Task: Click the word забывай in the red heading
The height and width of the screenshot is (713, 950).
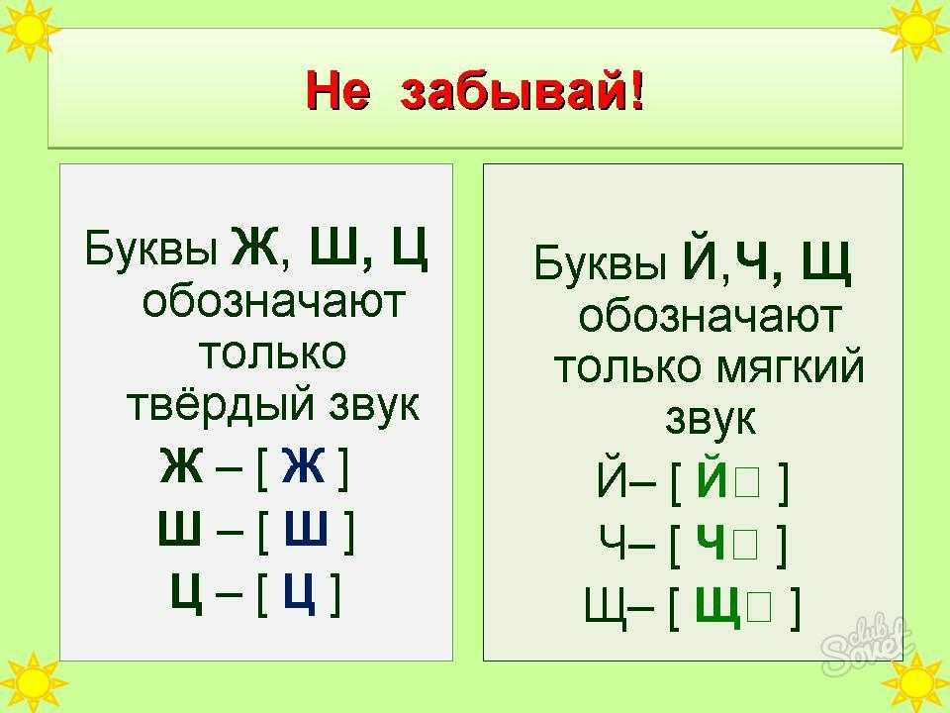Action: (514, 91)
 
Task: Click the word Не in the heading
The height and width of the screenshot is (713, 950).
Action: (337, 92)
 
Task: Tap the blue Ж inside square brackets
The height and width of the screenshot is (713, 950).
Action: (303, 465)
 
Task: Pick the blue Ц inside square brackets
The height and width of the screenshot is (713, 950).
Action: (300, 593)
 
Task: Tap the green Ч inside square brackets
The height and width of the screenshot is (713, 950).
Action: (711, 542)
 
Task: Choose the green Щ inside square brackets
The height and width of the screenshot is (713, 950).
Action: (718, 606)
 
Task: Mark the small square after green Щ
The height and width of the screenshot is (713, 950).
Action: (759, 607)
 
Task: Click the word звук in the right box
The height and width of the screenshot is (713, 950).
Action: (711, 418)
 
